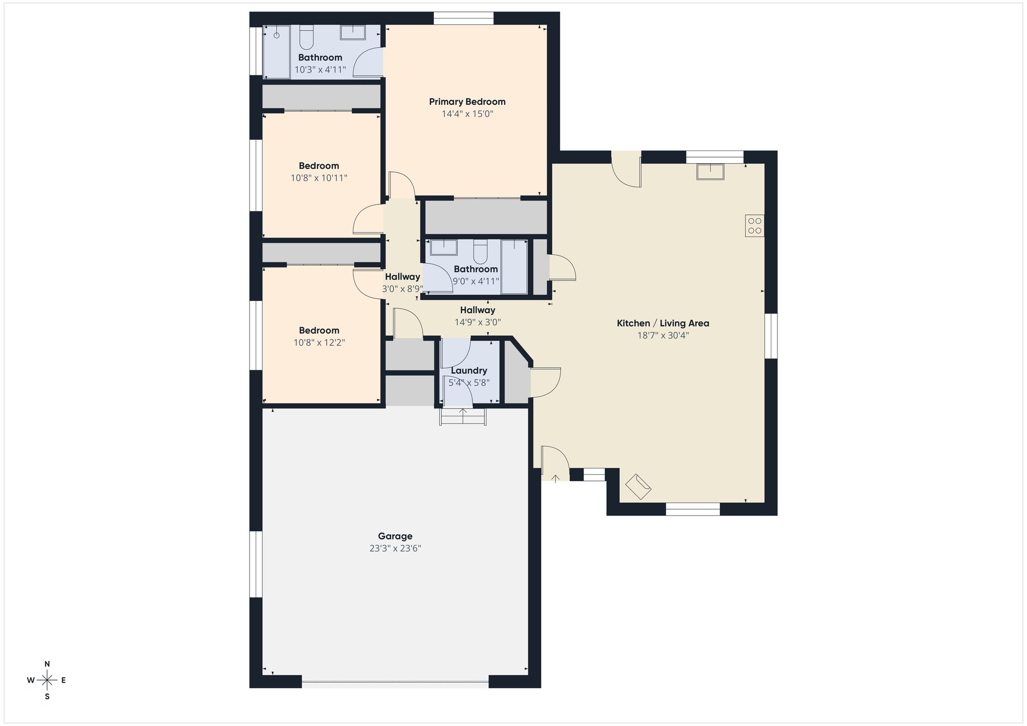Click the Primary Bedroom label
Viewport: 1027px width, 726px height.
[467, 102]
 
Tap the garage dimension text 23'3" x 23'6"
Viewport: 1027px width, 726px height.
[395, 548]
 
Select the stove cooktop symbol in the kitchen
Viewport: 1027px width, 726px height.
[754, 226]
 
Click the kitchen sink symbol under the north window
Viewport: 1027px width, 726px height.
[710, 171]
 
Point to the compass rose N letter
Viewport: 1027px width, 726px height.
[47, 664]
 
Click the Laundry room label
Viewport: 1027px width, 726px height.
[469, 371]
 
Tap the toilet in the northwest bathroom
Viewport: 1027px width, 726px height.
[307, 37]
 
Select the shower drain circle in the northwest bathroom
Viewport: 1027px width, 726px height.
[276, 35]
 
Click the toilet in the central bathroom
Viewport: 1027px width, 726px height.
[480, 251]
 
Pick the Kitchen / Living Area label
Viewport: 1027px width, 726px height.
[662, 323]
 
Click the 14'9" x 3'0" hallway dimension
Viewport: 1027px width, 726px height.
[478, 322]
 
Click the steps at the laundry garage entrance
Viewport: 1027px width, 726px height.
[463, 416]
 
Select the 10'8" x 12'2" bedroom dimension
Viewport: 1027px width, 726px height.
[319, 342]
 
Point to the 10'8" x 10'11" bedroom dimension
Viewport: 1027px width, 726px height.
[319, 178]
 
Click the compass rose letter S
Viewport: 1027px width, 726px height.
[47, 697]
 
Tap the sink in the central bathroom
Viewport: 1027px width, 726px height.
[444, 247]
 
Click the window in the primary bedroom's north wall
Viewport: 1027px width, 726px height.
[463, 18]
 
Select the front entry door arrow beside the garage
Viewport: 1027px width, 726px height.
[555, 479]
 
